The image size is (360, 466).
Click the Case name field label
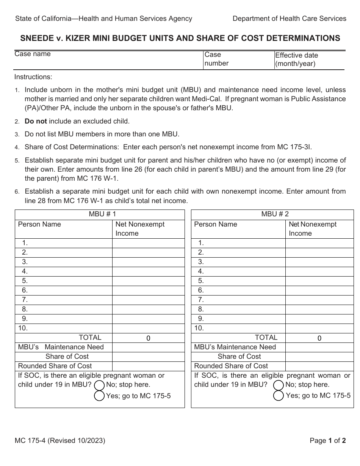(x=33, y=54)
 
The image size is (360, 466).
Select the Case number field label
(x=216, y=59)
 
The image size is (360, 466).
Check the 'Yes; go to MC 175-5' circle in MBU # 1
(x=99, y=396)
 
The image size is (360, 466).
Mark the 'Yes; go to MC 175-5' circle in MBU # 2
(x=279, y=396)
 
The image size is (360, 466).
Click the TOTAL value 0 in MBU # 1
(x=148, y=338)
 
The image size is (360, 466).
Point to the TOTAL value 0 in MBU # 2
(x=319, y=338)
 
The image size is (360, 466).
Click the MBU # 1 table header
(x=100, y=214)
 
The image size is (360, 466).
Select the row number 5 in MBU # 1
(x=25, y=281)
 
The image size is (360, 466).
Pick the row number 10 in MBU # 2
(x=199, y=328)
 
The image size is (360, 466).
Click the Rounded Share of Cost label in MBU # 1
(x=55, y=366)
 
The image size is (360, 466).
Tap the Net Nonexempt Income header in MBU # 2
(x=312, y=229)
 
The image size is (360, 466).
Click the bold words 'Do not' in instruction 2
(x=36, y=122)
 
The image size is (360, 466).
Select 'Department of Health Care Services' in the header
(x=289, y=18)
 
